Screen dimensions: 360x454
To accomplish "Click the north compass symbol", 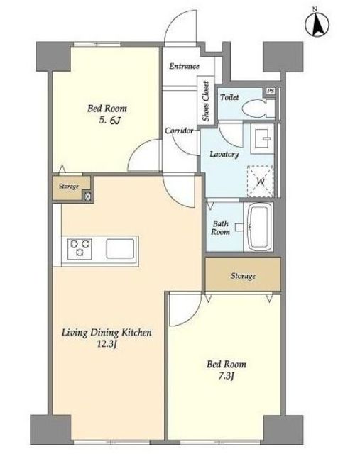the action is (x=317, y=24).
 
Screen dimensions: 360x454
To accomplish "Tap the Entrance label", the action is (x=184, y=66).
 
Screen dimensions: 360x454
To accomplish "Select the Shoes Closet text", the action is (x=206, y=101).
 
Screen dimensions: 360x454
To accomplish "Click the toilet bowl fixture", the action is (x=258, y=109).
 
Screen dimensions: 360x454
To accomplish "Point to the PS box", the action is (x=270, y=91).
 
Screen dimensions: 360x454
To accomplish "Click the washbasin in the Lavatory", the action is (x=262, y=138).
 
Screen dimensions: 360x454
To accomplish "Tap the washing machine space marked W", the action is (x=260, y=182).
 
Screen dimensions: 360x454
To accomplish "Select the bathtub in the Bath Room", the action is (x=258, y=226).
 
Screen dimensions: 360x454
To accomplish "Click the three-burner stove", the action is (x=80, y=249).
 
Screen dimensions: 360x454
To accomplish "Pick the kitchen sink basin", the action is (x=120, y=248).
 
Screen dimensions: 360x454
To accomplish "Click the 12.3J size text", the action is (x=107, y=344).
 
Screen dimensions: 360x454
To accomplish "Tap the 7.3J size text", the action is (x=226, y=376).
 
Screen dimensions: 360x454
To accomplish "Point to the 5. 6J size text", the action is (x=109, y=120).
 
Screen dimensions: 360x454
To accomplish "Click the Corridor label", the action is (x=179, y=131).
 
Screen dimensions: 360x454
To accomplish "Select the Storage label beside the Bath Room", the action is (x=243, y=276).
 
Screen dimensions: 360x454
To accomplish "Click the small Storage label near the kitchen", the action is (x=69, y=186).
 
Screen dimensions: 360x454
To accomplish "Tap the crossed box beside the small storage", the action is (x=87, y=196).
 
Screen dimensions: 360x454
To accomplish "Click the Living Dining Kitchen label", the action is (x=107, y=333).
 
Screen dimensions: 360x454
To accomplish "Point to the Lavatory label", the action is (x=224, y=154).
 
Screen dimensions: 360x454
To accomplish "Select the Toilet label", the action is (x=229, y=97).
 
